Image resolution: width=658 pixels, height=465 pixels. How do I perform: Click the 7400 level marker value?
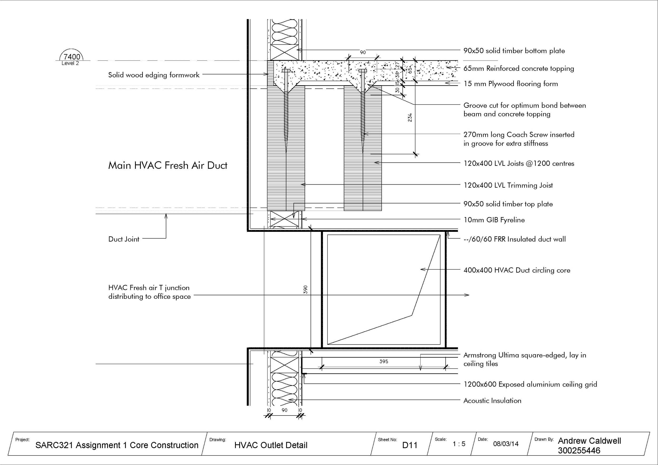pyautogui.click(x=72, y=57)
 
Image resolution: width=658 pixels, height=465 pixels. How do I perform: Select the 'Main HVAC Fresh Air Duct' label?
pyautogui.click(x=168, y=166)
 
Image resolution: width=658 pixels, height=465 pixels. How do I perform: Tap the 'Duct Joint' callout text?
pyautogui.click(x=123, y=239)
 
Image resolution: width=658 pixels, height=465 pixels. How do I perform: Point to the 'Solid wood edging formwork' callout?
pyautogui.click(x=154, y=75)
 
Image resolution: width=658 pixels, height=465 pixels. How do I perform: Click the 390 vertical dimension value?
pyautogui.click(x=306, y=289)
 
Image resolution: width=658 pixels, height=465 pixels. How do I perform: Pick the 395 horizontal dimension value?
pyautogui.click(x=383, y=362)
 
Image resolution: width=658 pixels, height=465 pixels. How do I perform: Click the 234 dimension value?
pyautogui.click(x=410, y=117)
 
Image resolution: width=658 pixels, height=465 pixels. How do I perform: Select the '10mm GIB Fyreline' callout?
pyautogui.click(x=494, y=220)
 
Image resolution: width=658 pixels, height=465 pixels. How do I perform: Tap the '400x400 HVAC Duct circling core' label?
pyautogui.click(x=517, y=270)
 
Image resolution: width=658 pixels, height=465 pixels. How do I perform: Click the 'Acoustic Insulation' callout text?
pyautogui.click(x=492, y=401)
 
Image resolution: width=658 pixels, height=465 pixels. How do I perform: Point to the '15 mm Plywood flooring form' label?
pyautogui.click(x=511, y=84)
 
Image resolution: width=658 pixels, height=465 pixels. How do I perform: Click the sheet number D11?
pyautogui.click(x=410, y=445)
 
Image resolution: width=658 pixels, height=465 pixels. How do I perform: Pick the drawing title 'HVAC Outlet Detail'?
pyautogui.click(x=271, y=445)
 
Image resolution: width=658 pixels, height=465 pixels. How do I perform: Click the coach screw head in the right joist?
pyautogui.click(x=362, y=71)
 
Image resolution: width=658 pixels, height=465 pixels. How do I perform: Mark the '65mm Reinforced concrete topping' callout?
pyautogui.click(x=519, y=68)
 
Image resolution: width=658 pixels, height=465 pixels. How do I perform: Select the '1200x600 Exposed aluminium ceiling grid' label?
pyautogui.click(x=530, y=384)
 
